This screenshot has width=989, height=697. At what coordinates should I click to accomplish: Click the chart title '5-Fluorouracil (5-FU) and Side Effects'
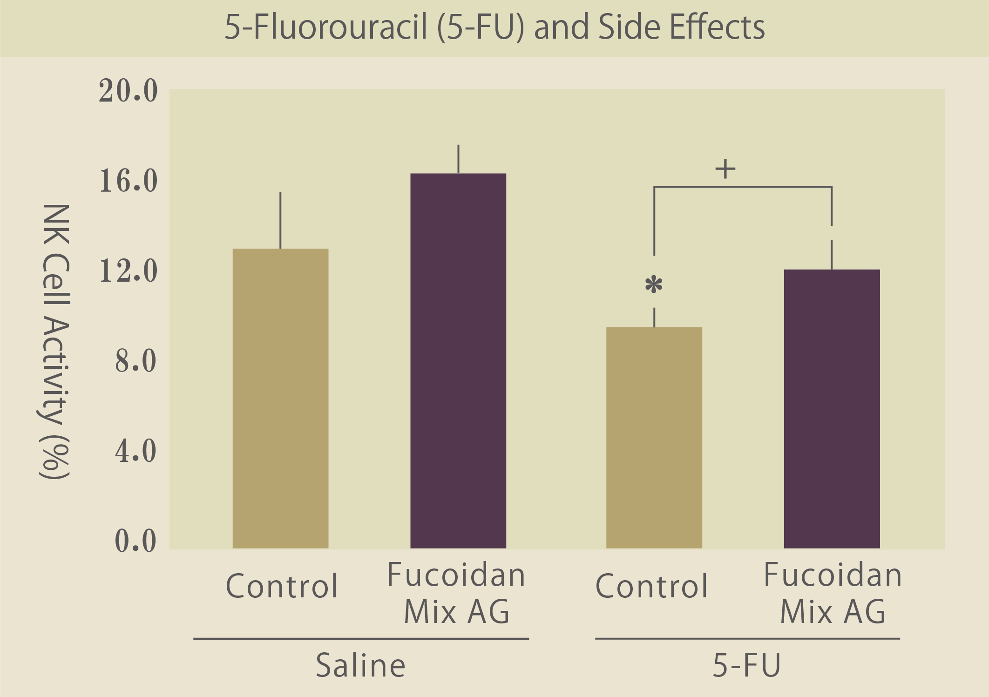click(x=494, y=27)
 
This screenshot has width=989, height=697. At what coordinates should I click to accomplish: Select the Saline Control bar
click(x=280, y=398)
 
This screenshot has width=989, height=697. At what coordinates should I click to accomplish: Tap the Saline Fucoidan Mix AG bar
click(x=458, y=361)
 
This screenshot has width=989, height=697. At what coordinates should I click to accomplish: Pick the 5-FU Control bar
click(x=654, y=438)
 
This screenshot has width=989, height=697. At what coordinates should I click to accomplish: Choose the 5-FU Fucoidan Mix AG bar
click(x=832, y=409)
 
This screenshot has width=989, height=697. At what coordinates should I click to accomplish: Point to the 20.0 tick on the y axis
click(x=128, y=90)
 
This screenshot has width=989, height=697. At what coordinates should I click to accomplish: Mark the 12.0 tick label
click(x=128, y=271)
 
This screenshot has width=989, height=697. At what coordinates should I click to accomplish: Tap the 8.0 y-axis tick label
click(x=135, y=361)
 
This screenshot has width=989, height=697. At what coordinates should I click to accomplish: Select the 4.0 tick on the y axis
click(x=135, y=451)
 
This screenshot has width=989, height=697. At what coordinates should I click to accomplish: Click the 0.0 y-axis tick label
click(x=135, y=541)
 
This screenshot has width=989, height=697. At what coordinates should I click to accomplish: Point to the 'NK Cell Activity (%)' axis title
click(x=55, y=341)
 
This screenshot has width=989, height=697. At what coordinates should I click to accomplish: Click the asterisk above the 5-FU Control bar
click(x=654, y=284)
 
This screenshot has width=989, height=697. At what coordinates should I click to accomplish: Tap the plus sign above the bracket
click(x=725, y=169)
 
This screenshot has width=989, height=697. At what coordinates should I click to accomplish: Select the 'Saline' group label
click(x=360, y=665)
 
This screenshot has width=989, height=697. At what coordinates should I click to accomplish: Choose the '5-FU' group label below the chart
click(x=746, y=665)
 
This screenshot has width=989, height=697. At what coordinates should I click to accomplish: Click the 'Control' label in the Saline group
click(x=281, y=586)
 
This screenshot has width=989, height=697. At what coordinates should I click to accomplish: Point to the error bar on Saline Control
click(x=280, y=220)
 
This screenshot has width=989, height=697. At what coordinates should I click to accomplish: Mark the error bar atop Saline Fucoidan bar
click(x=458, y=159)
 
